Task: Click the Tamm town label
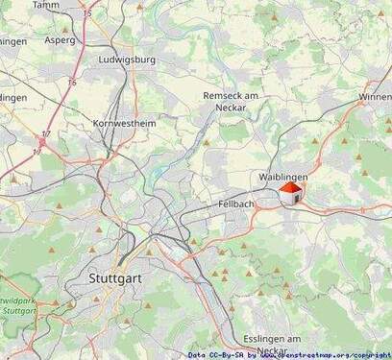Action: tap(45, 5)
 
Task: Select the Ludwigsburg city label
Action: tap(127, 59)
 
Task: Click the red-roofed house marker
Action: tap(290, 194)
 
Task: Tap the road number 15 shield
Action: tap(87, 14)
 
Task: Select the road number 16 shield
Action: tap(71, 84)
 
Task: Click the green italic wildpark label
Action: tap(16, 300)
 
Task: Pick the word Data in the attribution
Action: tap(197, 354)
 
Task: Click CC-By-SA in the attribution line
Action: tap(227, 354)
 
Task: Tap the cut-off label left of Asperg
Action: tap(12, 40)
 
